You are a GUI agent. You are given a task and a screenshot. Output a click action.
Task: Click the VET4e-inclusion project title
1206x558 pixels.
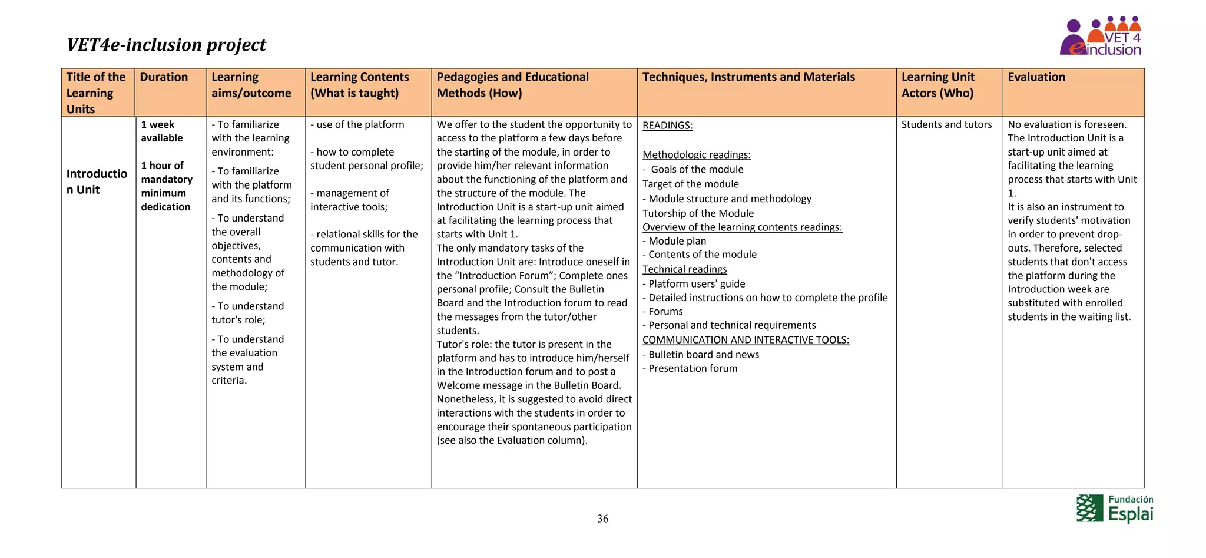[x=166, y=45]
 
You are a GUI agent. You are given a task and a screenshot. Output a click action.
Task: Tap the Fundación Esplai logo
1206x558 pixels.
[x=1115, y=509]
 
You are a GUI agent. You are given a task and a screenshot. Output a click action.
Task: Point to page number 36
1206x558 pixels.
[x=602, y=519]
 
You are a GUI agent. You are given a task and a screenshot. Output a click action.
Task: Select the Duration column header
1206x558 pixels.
[x=164, y=77]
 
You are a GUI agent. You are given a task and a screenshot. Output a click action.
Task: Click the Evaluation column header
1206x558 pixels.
[x=1036, y=77]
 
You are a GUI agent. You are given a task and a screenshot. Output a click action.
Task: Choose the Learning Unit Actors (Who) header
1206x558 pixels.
[x=937, y=85]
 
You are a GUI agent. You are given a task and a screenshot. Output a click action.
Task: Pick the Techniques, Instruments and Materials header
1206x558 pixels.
[x=748, y=77]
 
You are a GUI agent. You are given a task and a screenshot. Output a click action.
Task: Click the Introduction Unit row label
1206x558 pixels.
[x=97, y=181]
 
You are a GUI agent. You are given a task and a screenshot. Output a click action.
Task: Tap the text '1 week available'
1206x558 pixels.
[x=162, y=131]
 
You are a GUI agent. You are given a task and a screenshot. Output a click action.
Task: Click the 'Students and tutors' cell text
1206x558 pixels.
[x=946, y=124]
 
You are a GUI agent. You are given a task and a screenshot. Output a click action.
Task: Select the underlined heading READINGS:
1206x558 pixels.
[x=667, y=126]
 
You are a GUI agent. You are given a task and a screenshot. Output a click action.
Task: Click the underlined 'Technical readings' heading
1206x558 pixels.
[x=684, y=269]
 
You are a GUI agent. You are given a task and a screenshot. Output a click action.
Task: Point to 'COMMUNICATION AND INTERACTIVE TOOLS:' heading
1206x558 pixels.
[x=746, y=340]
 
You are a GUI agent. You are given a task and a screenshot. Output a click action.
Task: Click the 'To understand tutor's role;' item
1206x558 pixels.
[x=248, y=313]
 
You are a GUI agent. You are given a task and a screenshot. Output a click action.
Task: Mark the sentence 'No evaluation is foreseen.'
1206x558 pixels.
[x=1067, y=124]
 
